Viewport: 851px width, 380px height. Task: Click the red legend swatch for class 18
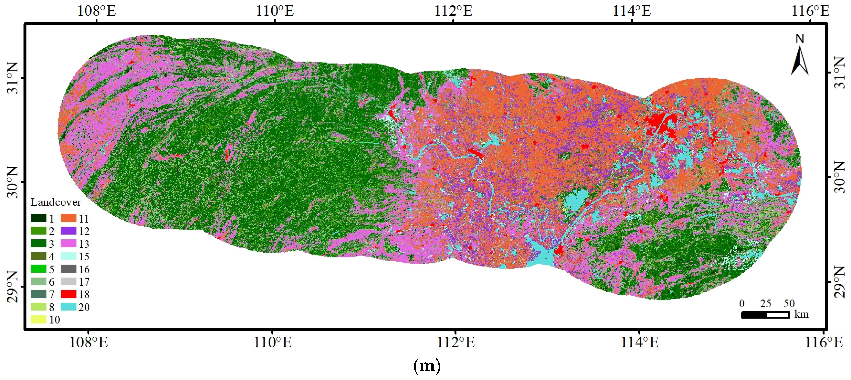pos(68,294)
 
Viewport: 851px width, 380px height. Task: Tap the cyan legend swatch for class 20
pos(68,307)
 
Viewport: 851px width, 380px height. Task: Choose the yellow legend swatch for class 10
pos(38,319)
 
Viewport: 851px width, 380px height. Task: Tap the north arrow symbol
pos(799,61)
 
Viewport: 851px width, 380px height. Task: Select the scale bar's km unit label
pos(801,314)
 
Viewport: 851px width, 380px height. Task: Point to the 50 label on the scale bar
pos(789,303)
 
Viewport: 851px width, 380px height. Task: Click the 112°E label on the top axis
pos(453,11)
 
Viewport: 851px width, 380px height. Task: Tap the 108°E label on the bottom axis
pos(88,342)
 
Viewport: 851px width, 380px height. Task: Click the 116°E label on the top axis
pos(810,11)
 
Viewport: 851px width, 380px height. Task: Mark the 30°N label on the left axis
pos(12,182)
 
